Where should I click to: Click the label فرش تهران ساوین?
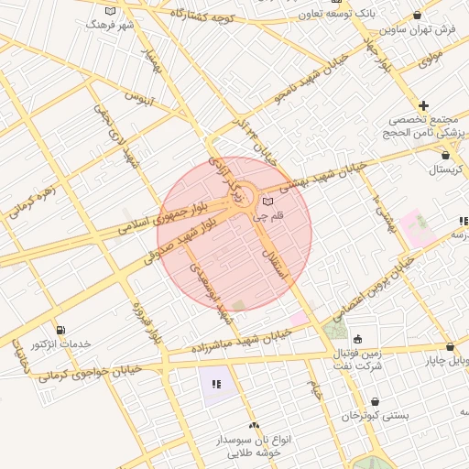click(x=433, y=29)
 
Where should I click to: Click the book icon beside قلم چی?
click(x=267, y=202)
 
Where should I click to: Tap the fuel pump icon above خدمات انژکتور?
click(x=60, y=330)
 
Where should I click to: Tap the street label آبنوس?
click(x=140, y=96)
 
